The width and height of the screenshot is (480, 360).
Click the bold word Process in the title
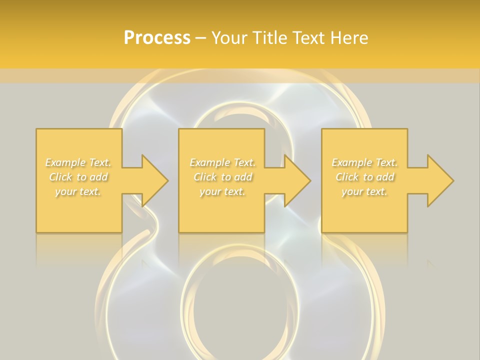click(157, 38)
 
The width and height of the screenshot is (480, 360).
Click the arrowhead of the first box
click(153, 180)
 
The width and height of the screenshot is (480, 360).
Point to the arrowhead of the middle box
click(295, 180)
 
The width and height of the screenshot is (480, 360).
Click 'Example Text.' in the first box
click(78, 162)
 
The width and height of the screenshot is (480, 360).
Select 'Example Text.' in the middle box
click(222, 162)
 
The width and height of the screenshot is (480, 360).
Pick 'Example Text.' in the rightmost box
click(364, 162)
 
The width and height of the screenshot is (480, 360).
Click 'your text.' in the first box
click(78, 191)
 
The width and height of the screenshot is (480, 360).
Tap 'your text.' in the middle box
click(222, 191)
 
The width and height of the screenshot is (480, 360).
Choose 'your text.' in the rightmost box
click(364, 191)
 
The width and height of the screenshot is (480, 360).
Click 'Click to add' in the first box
click(78, 177)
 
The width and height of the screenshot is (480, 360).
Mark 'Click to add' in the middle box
click(222, 177)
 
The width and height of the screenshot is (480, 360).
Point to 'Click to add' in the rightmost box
click(364, 177)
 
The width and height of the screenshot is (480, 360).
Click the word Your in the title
click(229, 38)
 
